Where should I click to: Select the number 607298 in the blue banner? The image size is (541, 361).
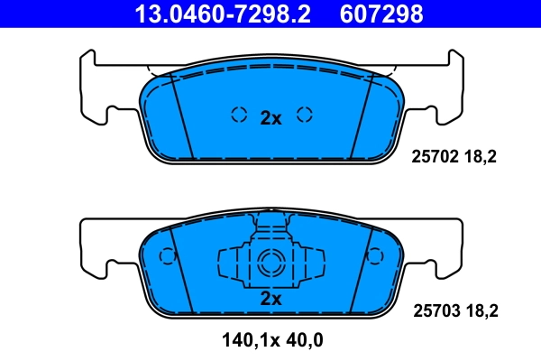coord(381,14)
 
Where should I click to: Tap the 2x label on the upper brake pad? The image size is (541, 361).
coord(270,116)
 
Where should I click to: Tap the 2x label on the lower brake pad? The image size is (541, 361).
coord(270,299)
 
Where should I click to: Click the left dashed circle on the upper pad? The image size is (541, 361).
coord(239,115)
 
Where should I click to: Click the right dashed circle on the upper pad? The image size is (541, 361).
coord(305,115)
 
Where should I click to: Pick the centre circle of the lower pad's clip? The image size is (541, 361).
coord(270,264)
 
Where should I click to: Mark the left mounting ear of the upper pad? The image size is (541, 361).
coord(99,90)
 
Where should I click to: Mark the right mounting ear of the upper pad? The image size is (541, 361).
coord(442,90)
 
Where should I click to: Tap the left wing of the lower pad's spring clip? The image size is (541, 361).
coord(230,264)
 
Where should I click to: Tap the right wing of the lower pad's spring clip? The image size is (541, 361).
coord(311,264)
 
